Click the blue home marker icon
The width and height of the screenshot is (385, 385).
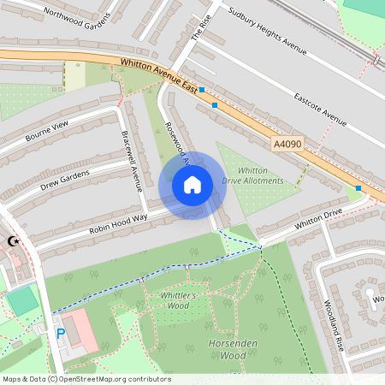[x=192, y=185]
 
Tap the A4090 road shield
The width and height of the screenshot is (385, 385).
[x=289, y=145]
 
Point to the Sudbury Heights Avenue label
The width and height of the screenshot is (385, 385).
[x=267, y=32]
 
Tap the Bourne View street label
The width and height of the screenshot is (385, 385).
[x=46, y=131]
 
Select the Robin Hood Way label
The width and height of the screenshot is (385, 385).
[x=118, y=224]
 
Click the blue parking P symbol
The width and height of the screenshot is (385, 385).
[x=60, y=334]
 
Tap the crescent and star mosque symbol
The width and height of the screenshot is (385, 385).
[x=13, y=242]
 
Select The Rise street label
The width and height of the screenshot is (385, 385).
[x=199, y=28]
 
